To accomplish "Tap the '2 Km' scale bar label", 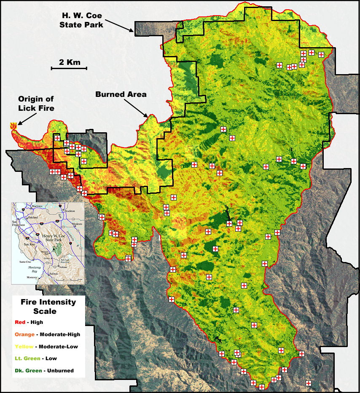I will tap(70, 62).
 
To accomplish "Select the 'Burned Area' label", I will tap(121, 94).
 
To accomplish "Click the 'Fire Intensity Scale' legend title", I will tap(48, 306).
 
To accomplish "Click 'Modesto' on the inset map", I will tap(76, 224).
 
